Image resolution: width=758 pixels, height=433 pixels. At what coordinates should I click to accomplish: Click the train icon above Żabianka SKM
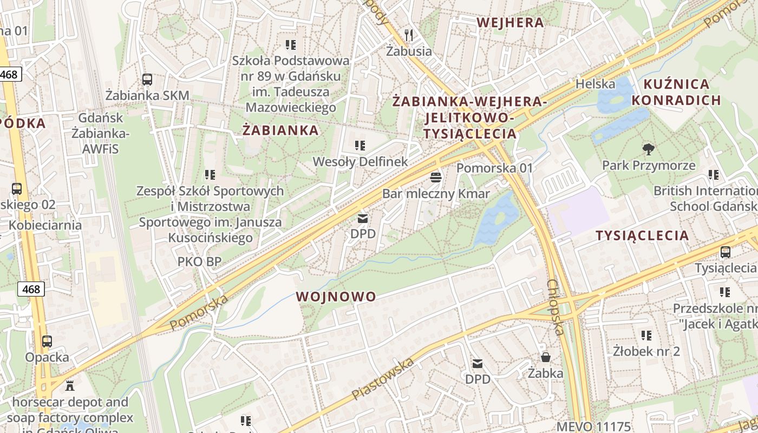[x=147, y=80]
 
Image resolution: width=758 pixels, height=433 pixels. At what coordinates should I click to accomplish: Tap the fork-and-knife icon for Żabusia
[x=409, y=35]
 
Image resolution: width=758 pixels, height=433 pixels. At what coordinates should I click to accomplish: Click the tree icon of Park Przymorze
[x=648, y=149]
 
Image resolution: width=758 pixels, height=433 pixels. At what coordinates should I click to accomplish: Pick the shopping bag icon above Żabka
[x=546, y=357]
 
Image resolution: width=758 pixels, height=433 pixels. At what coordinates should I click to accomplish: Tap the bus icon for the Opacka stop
[x=47, y=342]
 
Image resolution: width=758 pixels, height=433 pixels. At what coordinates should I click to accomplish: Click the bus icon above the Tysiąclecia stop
[x=725, y=252]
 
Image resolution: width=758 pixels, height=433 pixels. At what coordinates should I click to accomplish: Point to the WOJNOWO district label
[x=336, y=297]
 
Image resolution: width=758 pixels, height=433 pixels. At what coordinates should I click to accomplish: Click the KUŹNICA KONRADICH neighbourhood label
[x=676, y=92]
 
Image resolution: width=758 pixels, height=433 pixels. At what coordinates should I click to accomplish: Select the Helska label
[x=595, y=84]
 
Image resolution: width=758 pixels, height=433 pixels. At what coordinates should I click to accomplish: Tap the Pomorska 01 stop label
[x=494, y=168]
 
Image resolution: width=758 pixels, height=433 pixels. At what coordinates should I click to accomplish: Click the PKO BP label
[x=199, y=262]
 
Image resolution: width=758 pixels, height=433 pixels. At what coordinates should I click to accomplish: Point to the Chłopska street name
[x=556, y=307]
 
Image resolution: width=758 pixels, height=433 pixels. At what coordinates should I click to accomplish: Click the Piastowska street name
[x=383, y=378]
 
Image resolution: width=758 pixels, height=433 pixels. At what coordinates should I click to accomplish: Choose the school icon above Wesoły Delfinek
[x=360, y=145]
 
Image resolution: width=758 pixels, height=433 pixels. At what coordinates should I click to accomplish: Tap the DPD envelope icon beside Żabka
[x=478, y=363]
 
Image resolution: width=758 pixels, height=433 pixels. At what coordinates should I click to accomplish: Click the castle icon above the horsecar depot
[x=69, y=386]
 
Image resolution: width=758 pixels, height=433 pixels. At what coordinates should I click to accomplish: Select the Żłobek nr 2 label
[x=646, y=351]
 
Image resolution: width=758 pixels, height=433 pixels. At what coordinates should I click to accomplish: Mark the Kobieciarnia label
[x=45, y=225]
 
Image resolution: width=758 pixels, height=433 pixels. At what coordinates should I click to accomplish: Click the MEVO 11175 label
[x=593, y=427]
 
